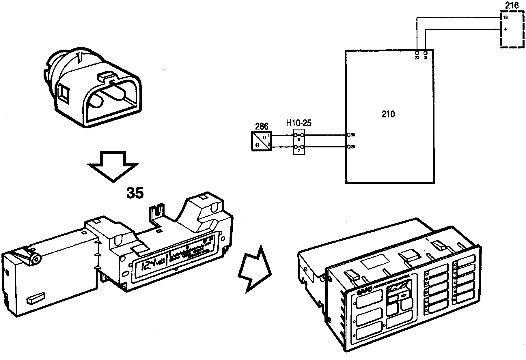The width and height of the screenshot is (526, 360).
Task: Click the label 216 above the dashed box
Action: tap(512, 5)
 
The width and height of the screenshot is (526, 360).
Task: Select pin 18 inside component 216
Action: tap(505, 18)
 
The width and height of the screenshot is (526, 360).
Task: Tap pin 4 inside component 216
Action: tap(505, 29)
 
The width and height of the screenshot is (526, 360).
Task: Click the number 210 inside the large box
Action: tap(388, 115)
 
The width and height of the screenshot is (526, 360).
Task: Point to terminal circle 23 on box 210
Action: tap(417, 53)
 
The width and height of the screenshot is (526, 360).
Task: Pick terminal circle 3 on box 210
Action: tap(426, 53)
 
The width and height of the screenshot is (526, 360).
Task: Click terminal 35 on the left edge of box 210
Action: tap(349, 135)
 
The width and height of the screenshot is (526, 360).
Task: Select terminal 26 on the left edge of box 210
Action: tap(349, 147)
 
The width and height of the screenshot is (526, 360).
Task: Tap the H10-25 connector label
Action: tap(299, 123)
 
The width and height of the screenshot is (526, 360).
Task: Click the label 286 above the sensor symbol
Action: tap(262, 126)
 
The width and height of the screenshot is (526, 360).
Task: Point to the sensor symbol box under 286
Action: tap(262, 141)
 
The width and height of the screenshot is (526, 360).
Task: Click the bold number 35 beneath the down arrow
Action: tap(135, 193)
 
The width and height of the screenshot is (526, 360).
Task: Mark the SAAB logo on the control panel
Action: tap(363, 293)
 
